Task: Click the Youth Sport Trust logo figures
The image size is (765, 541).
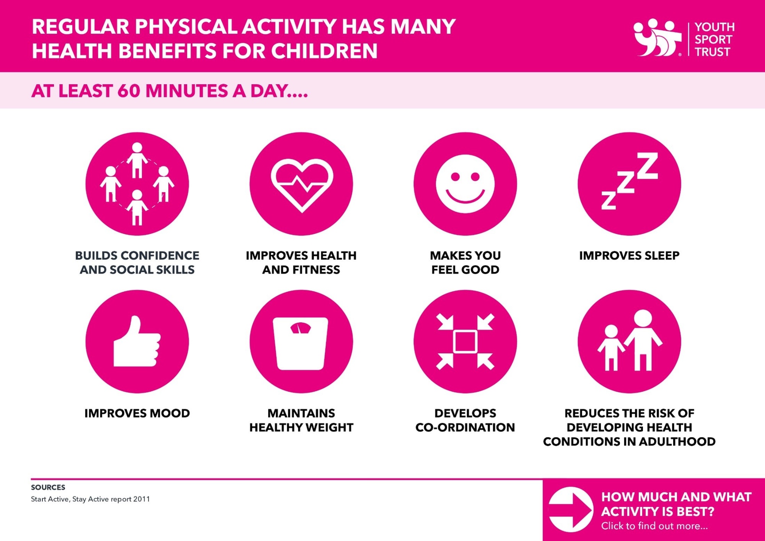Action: (657, 37)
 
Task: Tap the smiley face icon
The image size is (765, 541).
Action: (465, 184)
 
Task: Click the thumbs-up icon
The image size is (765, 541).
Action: (137, 341)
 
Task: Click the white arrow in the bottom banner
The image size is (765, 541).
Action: (571, 510)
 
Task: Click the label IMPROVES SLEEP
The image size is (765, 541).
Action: (629, 255)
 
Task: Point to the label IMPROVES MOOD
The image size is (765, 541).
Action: (137, 413)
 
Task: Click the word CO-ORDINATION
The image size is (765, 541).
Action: (465, 427)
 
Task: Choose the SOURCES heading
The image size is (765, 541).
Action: (48, 487)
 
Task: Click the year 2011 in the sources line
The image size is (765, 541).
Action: (142, 499)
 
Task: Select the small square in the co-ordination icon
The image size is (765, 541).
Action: (465, 341)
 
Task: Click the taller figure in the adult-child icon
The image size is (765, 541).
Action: (643, 340)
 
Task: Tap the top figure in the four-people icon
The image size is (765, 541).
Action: (137, 160)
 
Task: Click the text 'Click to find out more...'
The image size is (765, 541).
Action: (654, 526)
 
